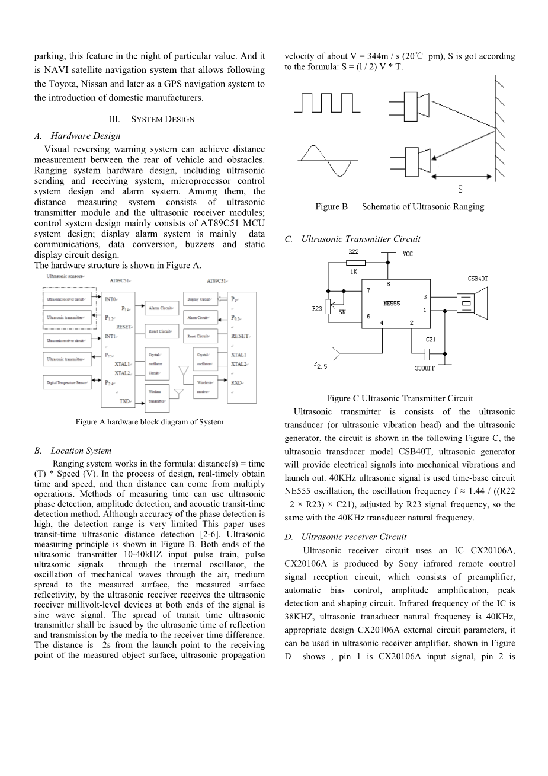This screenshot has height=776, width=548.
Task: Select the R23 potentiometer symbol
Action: pyautogui.click(x=328, y=308)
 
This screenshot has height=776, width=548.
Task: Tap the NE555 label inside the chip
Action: pyautogui.click(x=392, y=304)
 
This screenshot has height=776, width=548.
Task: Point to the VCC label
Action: pyautogui.click(x=408, y=254)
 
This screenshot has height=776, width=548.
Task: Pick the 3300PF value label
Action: pyautogui.click(x=425, y=368)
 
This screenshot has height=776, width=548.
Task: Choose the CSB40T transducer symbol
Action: pyautogui.click(x=473, y=301)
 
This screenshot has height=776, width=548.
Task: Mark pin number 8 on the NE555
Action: pyautogui.click(x=389, y=284)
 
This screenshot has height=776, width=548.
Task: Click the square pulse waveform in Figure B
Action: pyautogui.click(x=327, y=102)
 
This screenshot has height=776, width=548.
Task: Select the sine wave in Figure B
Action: pyautogui.click(x=327, y=161)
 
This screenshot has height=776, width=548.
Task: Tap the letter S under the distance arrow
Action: pyautogui.click(x=460, y=190)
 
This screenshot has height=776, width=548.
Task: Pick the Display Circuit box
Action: pyautogui.click(x=198, y=299)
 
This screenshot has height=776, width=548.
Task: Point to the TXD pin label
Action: pyautogui.click(x=125, y=401)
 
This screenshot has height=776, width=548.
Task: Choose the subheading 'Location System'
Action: pyautogui.click(x=81, y=451)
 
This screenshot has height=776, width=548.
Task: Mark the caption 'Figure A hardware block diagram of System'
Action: pyautogui.click(x=149, y=422)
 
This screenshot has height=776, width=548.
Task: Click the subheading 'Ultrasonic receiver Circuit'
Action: pyautogui.click(x=354, y=537)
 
